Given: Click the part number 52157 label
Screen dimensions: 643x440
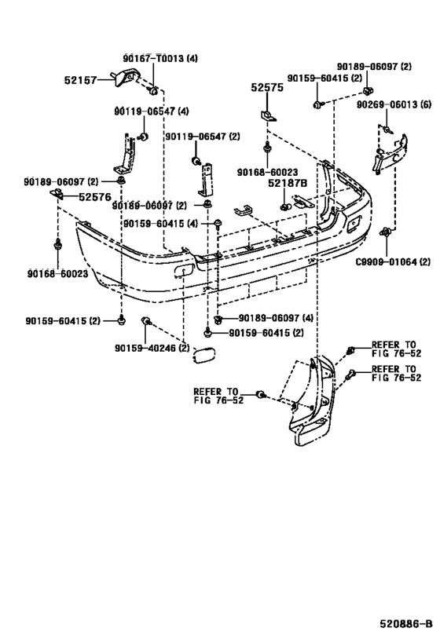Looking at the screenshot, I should (x=82, y=79).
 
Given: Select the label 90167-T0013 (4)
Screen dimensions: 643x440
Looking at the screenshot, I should (x=159, y=59).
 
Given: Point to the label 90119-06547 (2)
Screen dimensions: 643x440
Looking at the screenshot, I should (x=202, y=137).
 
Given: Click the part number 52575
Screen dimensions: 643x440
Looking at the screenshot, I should (x=266, y=89).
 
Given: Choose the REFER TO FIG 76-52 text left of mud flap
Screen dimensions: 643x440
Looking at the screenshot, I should (x=215, y=395).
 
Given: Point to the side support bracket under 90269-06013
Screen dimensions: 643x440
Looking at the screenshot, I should (x=389, y=152).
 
